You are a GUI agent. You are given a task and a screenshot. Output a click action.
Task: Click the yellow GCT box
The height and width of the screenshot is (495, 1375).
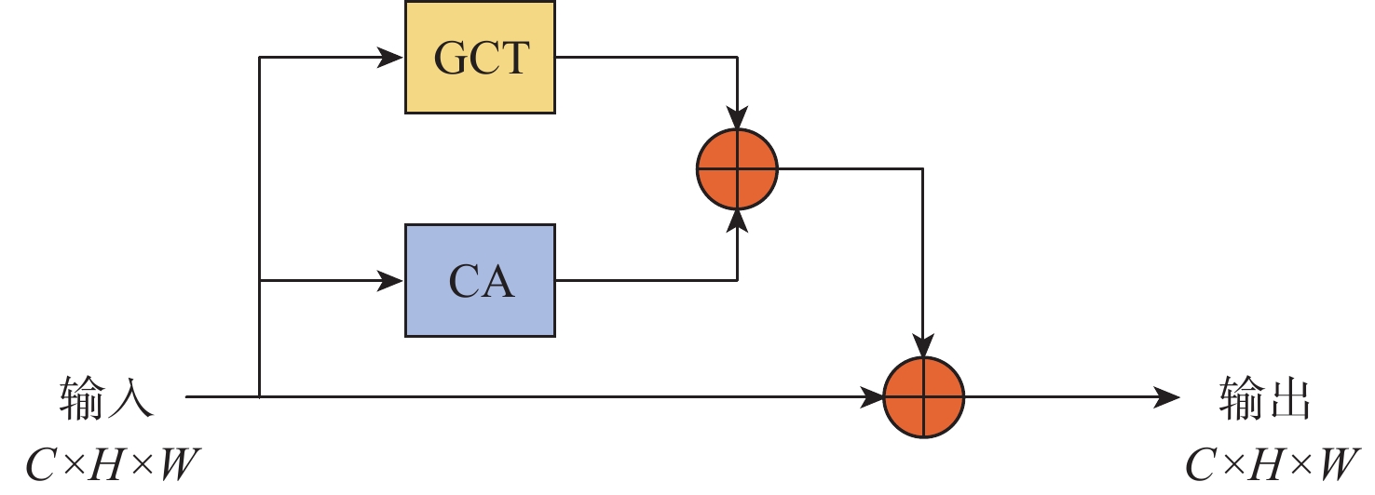pyautogui.click(x=480, y=57)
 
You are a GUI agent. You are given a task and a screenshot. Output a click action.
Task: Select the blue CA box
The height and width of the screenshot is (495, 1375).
pyautogui.click(x=480, y=279)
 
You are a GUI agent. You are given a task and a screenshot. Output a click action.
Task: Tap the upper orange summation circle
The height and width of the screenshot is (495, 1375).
pyautogui.click(x=737, y=169)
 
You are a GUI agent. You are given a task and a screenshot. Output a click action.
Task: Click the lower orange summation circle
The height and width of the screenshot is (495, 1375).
pyautogui.click(x=923, y=397)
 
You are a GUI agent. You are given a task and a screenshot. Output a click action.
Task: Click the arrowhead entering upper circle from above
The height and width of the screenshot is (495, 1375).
pyautogui.click(x=737, y=119)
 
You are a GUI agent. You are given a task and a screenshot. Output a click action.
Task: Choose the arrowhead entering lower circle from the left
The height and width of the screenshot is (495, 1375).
pyautogui.click(x=872, y=397)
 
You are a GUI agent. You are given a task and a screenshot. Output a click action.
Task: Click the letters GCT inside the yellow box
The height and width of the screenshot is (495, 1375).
pyautogui.click(x=481, y=58)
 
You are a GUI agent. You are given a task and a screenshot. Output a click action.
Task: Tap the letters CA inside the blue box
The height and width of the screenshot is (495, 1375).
pyautogui.click(x=481, y=281)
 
